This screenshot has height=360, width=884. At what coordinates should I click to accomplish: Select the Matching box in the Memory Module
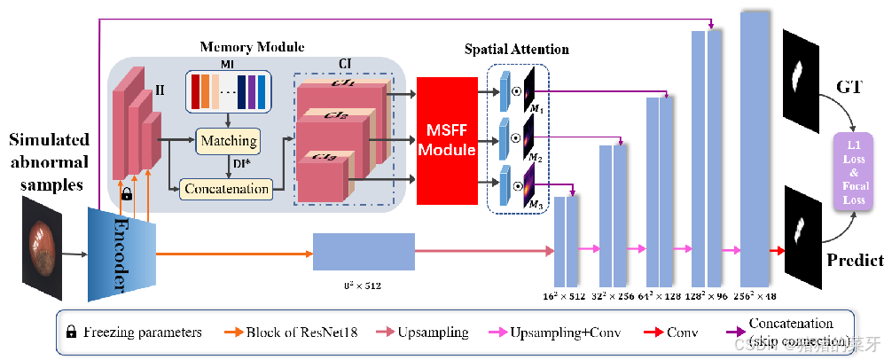coord(228,141)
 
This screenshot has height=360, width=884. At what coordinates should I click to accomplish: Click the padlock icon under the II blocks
coord(127,192)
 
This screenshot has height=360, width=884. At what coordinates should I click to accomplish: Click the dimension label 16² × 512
coord(563,296)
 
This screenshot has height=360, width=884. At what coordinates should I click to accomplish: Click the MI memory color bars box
coord(230,91)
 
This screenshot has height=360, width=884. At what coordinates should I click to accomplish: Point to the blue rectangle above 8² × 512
coord(364,252)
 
